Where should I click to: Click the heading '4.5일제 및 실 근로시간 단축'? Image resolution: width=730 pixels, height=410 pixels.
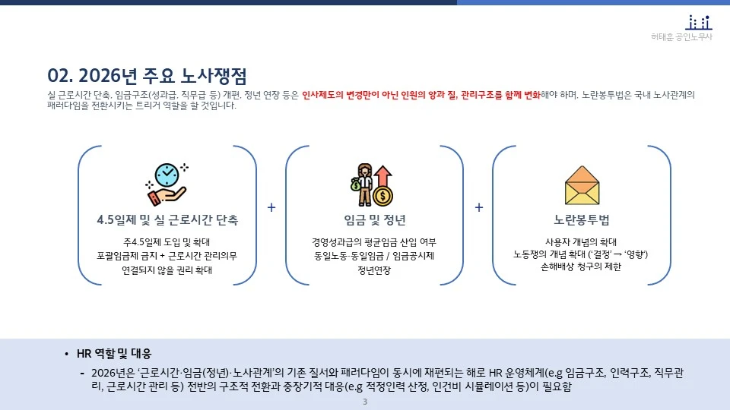tap(167, 220)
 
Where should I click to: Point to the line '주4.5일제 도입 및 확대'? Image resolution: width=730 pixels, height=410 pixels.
tap(167, 242)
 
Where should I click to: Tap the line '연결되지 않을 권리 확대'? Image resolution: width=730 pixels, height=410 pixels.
tap(167, 270)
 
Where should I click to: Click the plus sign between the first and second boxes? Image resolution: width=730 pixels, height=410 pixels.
tap(271, 207)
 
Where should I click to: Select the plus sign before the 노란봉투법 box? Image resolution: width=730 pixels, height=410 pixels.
tap(479, 207)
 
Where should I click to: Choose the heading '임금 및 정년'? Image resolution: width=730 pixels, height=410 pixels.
tap(374, 220)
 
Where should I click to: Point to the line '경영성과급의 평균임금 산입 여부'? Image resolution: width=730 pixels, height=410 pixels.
tap(374, 242)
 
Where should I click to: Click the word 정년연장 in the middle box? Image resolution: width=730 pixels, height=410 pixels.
tap(374, 270)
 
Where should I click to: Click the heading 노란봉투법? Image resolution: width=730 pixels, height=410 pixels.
tap(582, 220)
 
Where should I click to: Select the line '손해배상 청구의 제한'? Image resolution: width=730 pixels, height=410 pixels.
tap(582, 266)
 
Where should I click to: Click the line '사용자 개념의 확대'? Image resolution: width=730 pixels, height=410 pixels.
tap(582, 241)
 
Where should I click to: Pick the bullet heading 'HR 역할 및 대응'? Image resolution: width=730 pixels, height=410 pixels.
tap(114, 354)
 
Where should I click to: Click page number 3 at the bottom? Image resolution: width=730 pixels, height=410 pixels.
tap(365, 402)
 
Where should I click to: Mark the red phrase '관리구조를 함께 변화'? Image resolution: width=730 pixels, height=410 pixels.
tap(500, 96)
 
